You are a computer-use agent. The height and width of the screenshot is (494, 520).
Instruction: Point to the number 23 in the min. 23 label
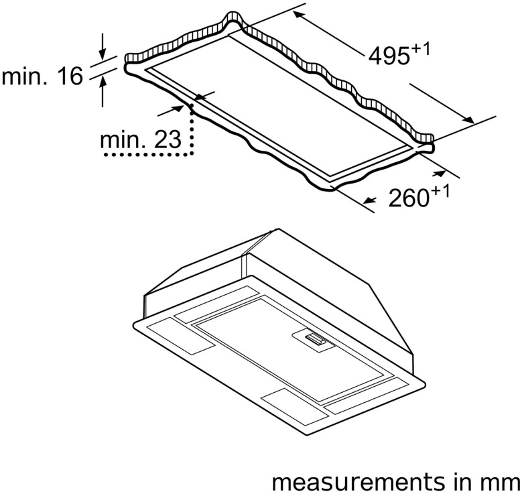click(167, 140)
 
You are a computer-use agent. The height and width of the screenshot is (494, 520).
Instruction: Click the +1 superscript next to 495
click(419, 48)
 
